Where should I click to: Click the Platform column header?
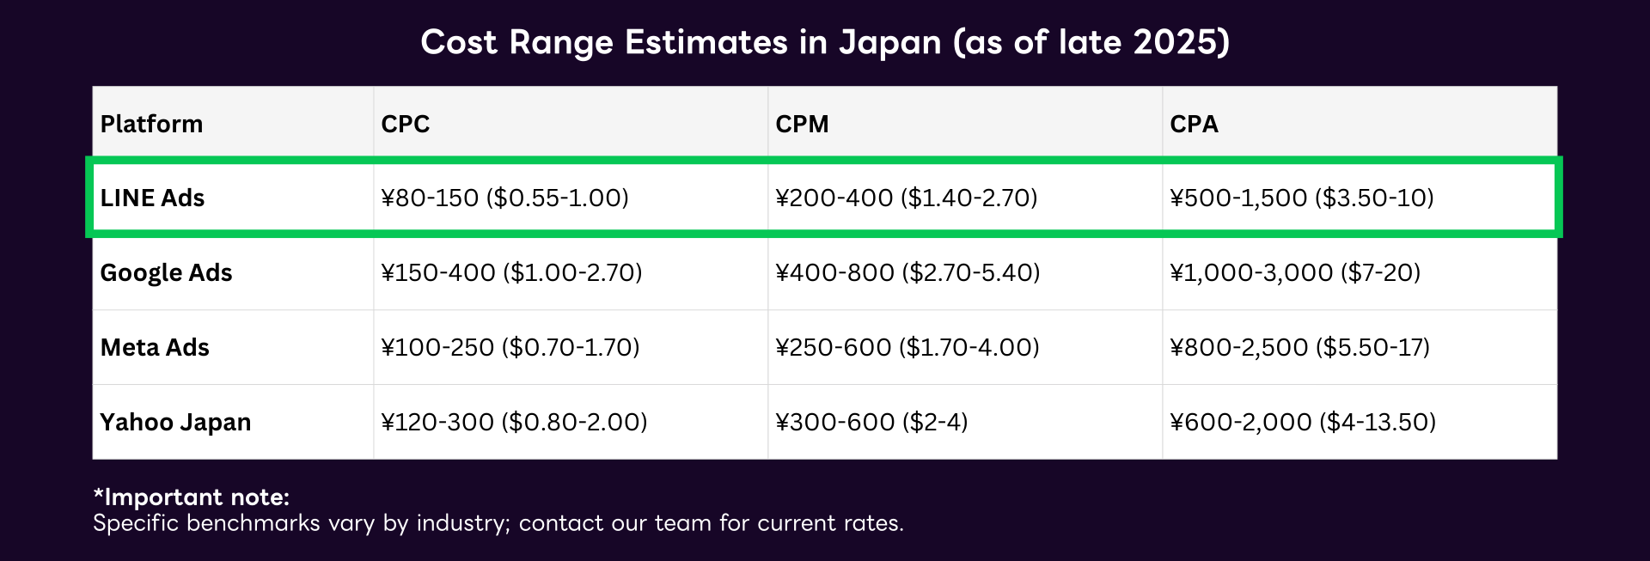(151, 124)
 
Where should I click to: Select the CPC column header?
(405, 124)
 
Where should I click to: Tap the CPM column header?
(802, 124)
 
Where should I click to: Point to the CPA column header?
(1194, 124)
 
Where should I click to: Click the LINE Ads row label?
(152, 198)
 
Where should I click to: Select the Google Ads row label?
(166, 272)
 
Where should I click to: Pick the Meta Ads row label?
(155, 347)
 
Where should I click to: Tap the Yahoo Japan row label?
(175, 422)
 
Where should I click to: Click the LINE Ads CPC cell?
(504, 198)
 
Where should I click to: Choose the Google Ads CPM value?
(907, 272)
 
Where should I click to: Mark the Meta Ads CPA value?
(1299, 347)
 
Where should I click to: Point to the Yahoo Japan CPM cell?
(871, 422)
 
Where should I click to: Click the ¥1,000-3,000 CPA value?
(1295, 272)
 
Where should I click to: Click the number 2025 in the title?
(1176, 42)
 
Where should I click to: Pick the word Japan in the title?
(889, 42)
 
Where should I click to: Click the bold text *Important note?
(191, 497)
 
